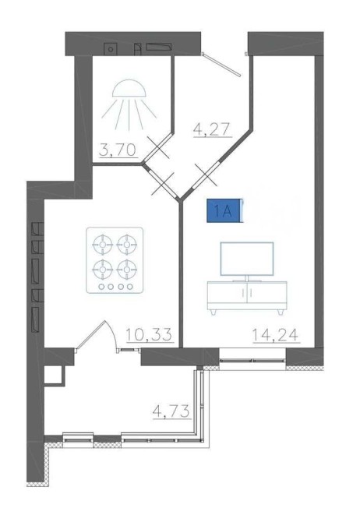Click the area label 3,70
click(118, 150)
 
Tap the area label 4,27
click(212, 129)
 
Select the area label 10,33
click(150, 334)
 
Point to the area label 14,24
click(275, 334)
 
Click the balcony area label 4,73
click(171, 411)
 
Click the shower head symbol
click(129, 104)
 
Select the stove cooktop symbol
click(115, 260)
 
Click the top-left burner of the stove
click(103, 245)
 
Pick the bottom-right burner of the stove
click(126, 270)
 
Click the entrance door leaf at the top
click(222, 65)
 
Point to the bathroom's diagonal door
click(157, 147)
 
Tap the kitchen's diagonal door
click(163, 182)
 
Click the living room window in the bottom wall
click(252, 359)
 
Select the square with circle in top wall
click(111, 49)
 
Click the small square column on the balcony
click(54, 376)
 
